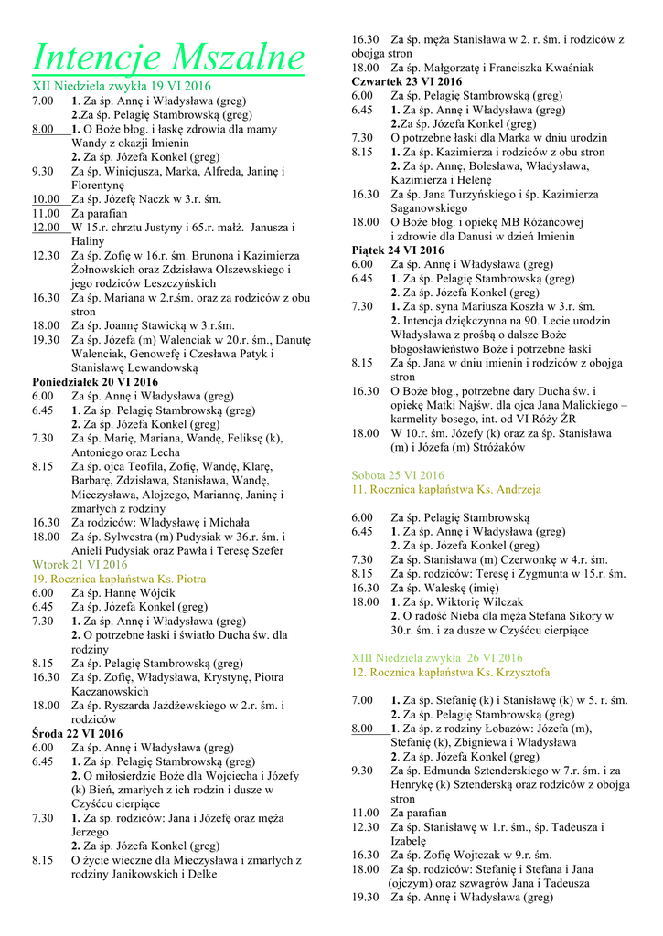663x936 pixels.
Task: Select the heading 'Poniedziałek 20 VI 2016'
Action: pyautogui.click(x=95, y=382)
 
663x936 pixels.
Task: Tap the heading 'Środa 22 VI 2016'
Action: pyautogui.click(x=77, y=734)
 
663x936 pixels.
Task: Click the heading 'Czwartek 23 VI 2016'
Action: pyautogui.click(x=407, y=81)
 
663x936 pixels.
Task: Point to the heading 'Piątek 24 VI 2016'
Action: pyautogui.click(x=398, y=250)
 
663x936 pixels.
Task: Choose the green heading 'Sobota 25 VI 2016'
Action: pyautogui.click(x=398, y=475)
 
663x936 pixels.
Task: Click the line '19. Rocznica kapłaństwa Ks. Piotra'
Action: pyautogui.click(x=119, y=579)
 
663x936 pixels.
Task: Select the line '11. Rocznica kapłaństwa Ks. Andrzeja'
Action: pyautogui.click(x=446, y=489)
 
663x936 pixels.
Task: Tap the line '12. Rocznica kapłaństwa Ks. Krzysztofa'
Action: pyautogui.click(x=451, y=672)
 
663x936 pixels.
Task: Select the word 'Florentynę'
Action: pyautogui.click(x=102, y=185)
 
